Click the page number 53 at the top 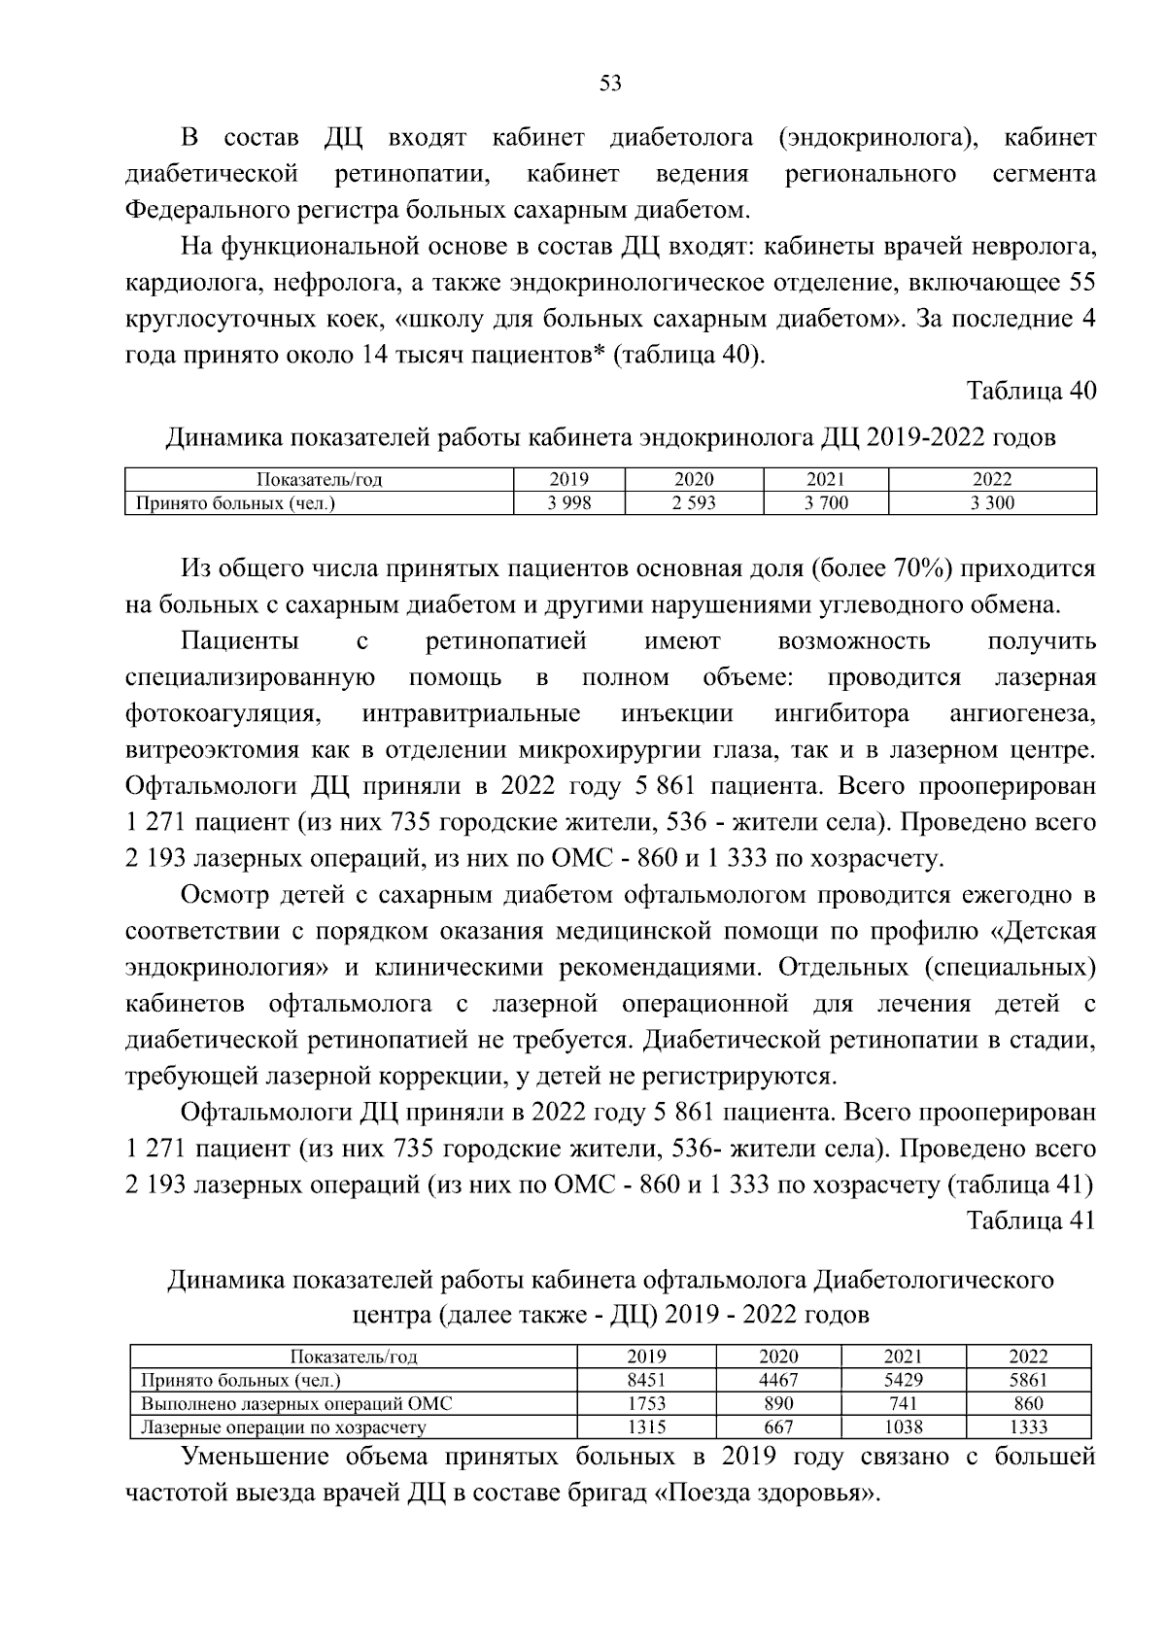(610, 84)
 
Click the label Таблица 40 (1030, 391)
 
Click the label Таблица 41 (1030, 1220)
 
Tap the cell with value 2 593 (694, 503)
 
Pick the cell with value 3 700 (826, 503)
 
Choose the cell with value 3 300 (992, 503)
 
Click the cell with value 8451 (646, 1380)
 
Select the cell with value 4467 (778, 1380)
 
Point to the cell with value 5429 (904, 1380)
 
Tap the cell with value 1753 (646, 1403)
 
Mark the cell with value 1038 (904, 1427)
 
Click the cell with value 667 (778, 1427)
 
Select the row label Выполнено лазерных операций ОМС (296, 1403)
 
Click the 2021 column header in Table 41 (904, 1357)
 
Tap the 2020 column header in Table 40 (694, 479)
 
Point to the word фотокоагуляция (223, 714)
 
